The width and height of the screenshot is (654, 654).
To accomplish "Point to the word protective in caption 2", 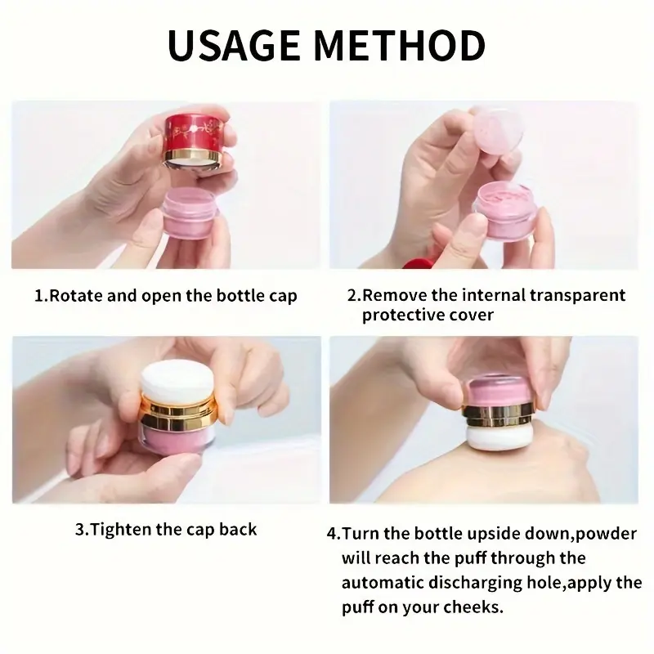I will point(404,315).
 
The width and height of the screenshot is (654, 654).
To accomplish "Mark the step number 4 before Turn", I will point(331,534).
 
